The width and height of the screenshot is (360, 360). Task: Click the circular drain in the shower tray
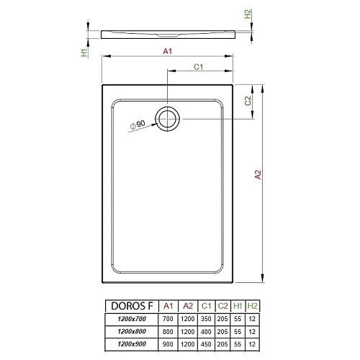(167, 108)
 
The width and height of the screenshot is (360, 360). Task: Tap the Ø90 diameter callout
(138, 125)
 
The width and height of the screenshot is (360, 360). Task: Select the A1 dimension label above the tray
(168, 51)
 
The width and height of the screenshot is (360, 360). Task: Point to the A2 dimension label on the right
(258, 174)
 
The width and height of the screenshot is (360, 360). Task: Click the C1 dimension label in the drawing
(199, 67)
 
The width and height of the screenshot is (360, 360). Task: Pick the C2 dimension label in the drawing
(248, 101)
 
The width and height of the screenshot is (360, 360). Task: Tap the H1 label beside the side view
(84, 53)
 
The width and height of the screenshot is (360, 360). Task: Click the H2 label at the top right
(247, 14)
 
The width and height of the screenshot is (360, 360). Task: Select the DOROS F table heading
(132, 306)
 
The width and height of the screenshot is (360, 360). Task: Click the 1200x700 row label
(132, 319)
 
